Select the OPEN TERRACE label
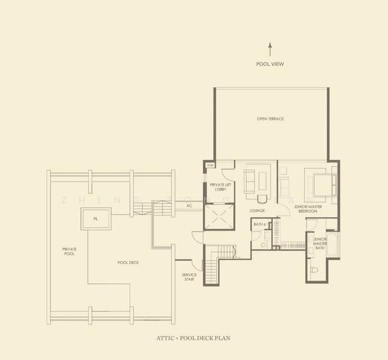pos(270,119)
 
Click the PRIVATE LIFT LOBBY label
pos(217,187)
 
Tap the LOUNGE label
pos(257,211)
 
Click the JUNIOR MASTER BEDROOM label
pos(306,209)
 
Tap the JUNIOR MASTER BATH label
pos(320,243)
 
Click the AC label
pos(189,205)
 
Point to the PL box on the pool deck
pos(95,219)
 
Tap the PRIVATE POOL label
pos(68,251)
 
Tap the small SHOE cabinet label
pos(210,165)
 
